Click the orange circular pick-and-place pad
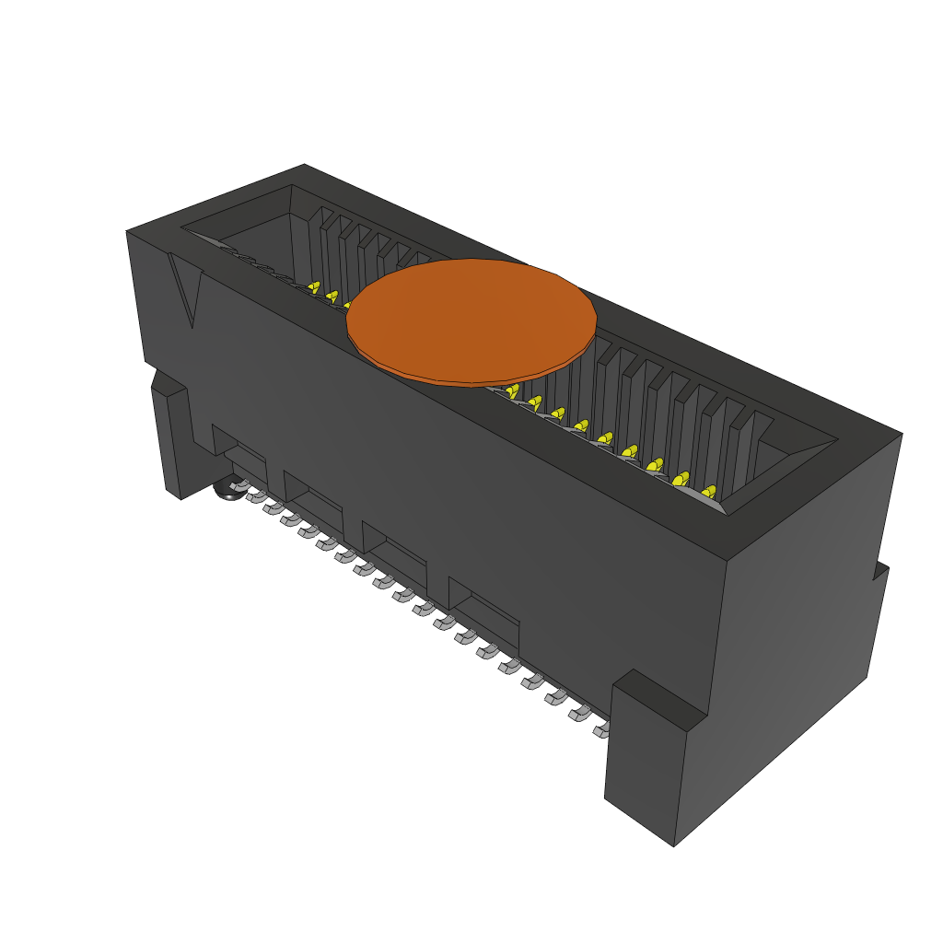471,320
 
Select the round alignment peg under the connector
227,490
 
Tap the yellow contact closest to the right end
709,492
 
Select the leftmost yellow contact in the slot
314,288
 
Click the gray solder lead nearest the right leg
600,730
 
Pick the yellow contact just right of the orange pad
512,390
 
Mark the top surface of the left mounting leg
168,384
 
